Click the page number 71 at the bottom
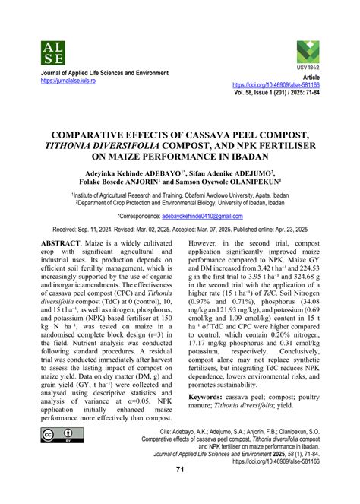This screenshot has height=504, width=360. (x=180, y=490)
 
